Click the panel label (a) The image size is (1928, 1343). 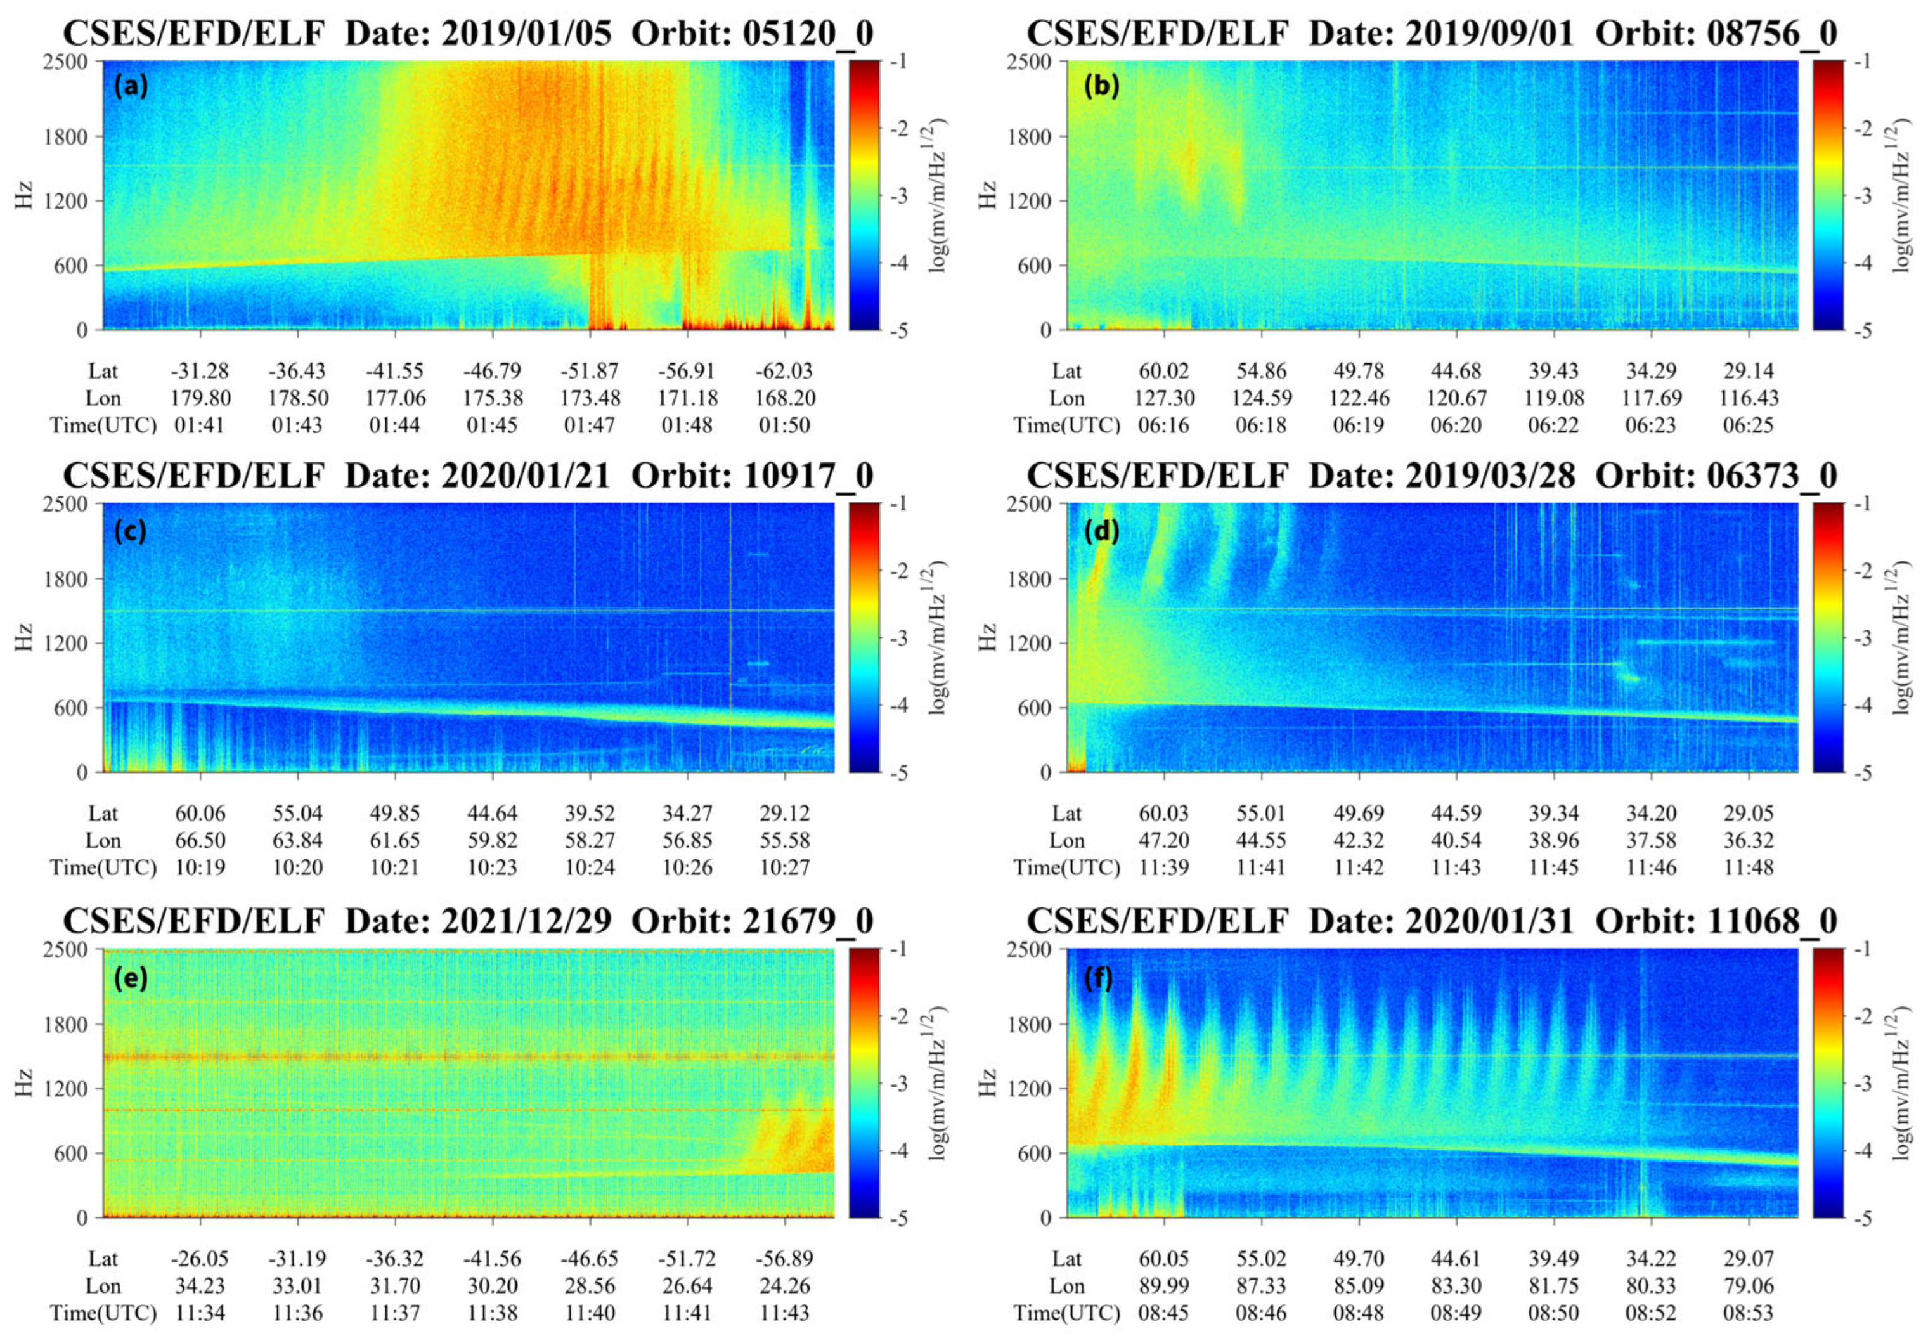pyautogui.click(x=131, y=86)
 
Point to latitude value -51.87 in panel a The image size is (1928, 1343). pyautogui.click(x=590, y=371)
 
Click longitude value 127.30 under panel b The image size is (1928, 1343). pyautogui.click(x=1164, y=398)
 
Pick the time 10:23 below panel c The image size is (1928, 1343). pyautogui.click(x=492, y=867)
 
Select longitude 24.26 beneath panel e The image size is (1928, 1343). pyautogui.click(x=784, y=1286)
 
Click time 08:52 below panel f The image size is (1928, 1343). pyautogui.click(x=1651, y=1313)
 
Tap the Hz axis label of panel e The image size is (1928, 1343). pyautogui.click(x=23, y=1082)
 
